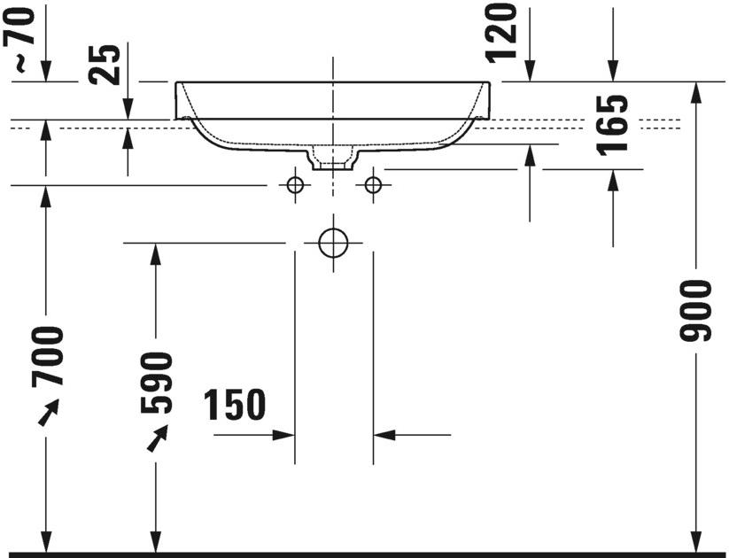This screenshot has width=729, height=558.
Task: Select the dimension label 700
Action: click(x=48, y=356)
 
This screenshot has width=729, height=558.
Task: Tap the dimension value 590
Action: click(x=157, y=383)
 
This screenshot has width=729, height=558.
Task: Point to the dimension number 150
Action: click(x=236, y=405)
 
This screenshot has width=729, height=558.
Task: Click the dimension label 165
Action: click(x=613, y=123)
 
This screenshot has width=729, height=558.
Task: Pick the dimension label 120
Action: click(x=501, y=32)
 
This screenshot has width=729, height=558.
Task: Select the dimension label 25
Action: click(x=106, y=64)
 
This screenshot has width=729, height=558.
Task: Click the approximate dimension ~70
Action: click(x=24, y=35)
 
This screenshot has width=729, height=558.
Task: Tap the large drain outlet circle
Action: click(x=333, y=242)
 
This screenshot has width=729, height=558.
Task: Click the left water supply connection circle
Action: click(x=294, y=184)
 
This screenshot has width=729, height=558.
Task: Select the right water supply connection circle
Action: click(x=373, y=184)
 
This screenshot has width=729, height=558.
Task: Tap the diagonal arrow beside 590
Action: click(x=158, y=438)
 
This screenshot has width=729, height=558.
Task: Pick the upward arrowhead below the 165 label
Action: click(x=613, y=179)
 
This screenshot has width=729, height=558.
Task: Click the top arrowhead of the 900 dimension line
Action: click(x=696, y=90)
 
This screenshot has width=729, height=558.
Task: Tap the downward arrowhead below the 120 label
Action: click(x=530, y=71)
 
